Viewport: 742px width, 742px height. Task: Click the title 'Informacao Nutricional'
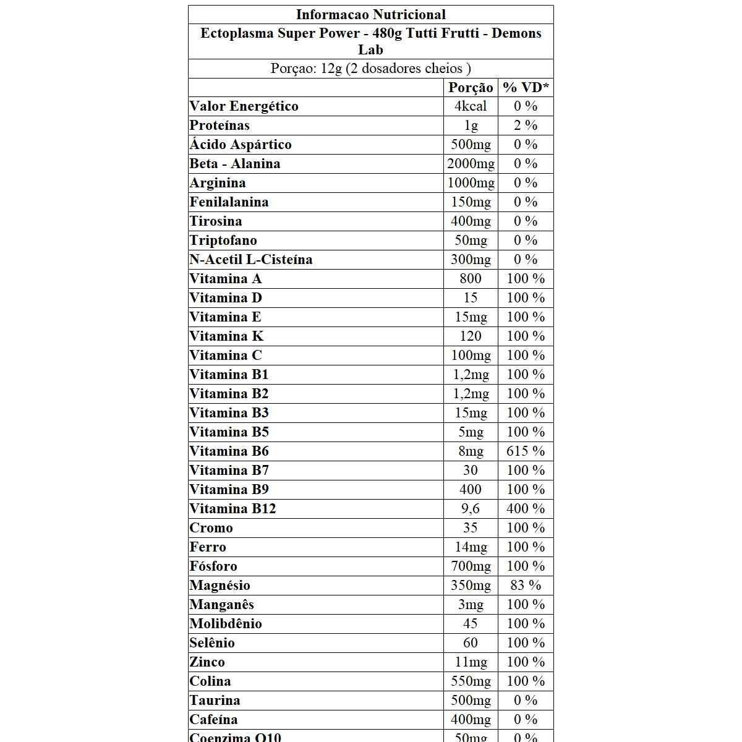click(x=370, y=15)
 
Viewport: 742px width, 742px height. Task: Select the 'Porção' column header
click(x=471, y=88)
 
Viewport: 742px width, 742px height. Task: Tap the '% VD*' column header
click(x=526, y=88)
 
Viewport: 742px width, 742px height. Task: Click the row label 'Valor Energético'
click(x=244, y=106)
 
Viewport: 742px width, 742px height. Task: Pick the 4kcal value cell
click(x=471, y=106)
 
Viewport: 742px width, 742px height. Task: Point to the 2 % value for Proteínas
click(x=526, y=126)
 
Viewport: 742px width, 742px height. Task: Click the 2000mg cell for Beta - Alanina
click(x=471, y=164)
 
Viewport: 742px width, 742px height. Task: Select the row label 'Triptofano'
click(x=223, y=241)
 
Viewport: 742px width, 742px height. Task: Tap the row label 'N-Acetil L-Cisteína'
click(x=251, y=260)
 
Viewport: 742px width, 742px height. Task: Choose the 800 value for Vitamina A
click(x=471, y=279)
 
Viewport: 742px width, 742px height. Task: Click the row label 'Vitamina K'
click(x=226, y=336)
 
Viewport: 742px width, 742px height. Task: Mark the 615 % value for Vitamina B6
click(x=526, y=451)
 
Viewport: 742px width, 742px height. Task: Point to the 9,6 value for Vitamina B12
click(x=471, y=509)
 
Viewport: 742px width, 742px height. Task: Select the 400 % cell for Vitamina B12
click(x=526, y=509)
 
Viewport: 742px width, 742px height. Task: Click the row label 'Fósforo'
click(x=213, y=566)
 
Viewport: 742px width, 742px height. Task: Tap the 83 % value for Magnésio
click(x=526, y=586)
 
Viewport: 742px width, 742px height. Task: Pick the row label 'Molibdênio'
click(x=226, y=624)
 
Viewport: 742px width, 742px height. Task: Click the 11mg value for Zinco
click(x=471, y=662)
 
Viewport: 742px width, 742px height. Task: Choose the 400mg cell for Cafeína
click(x=471, y=720)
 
